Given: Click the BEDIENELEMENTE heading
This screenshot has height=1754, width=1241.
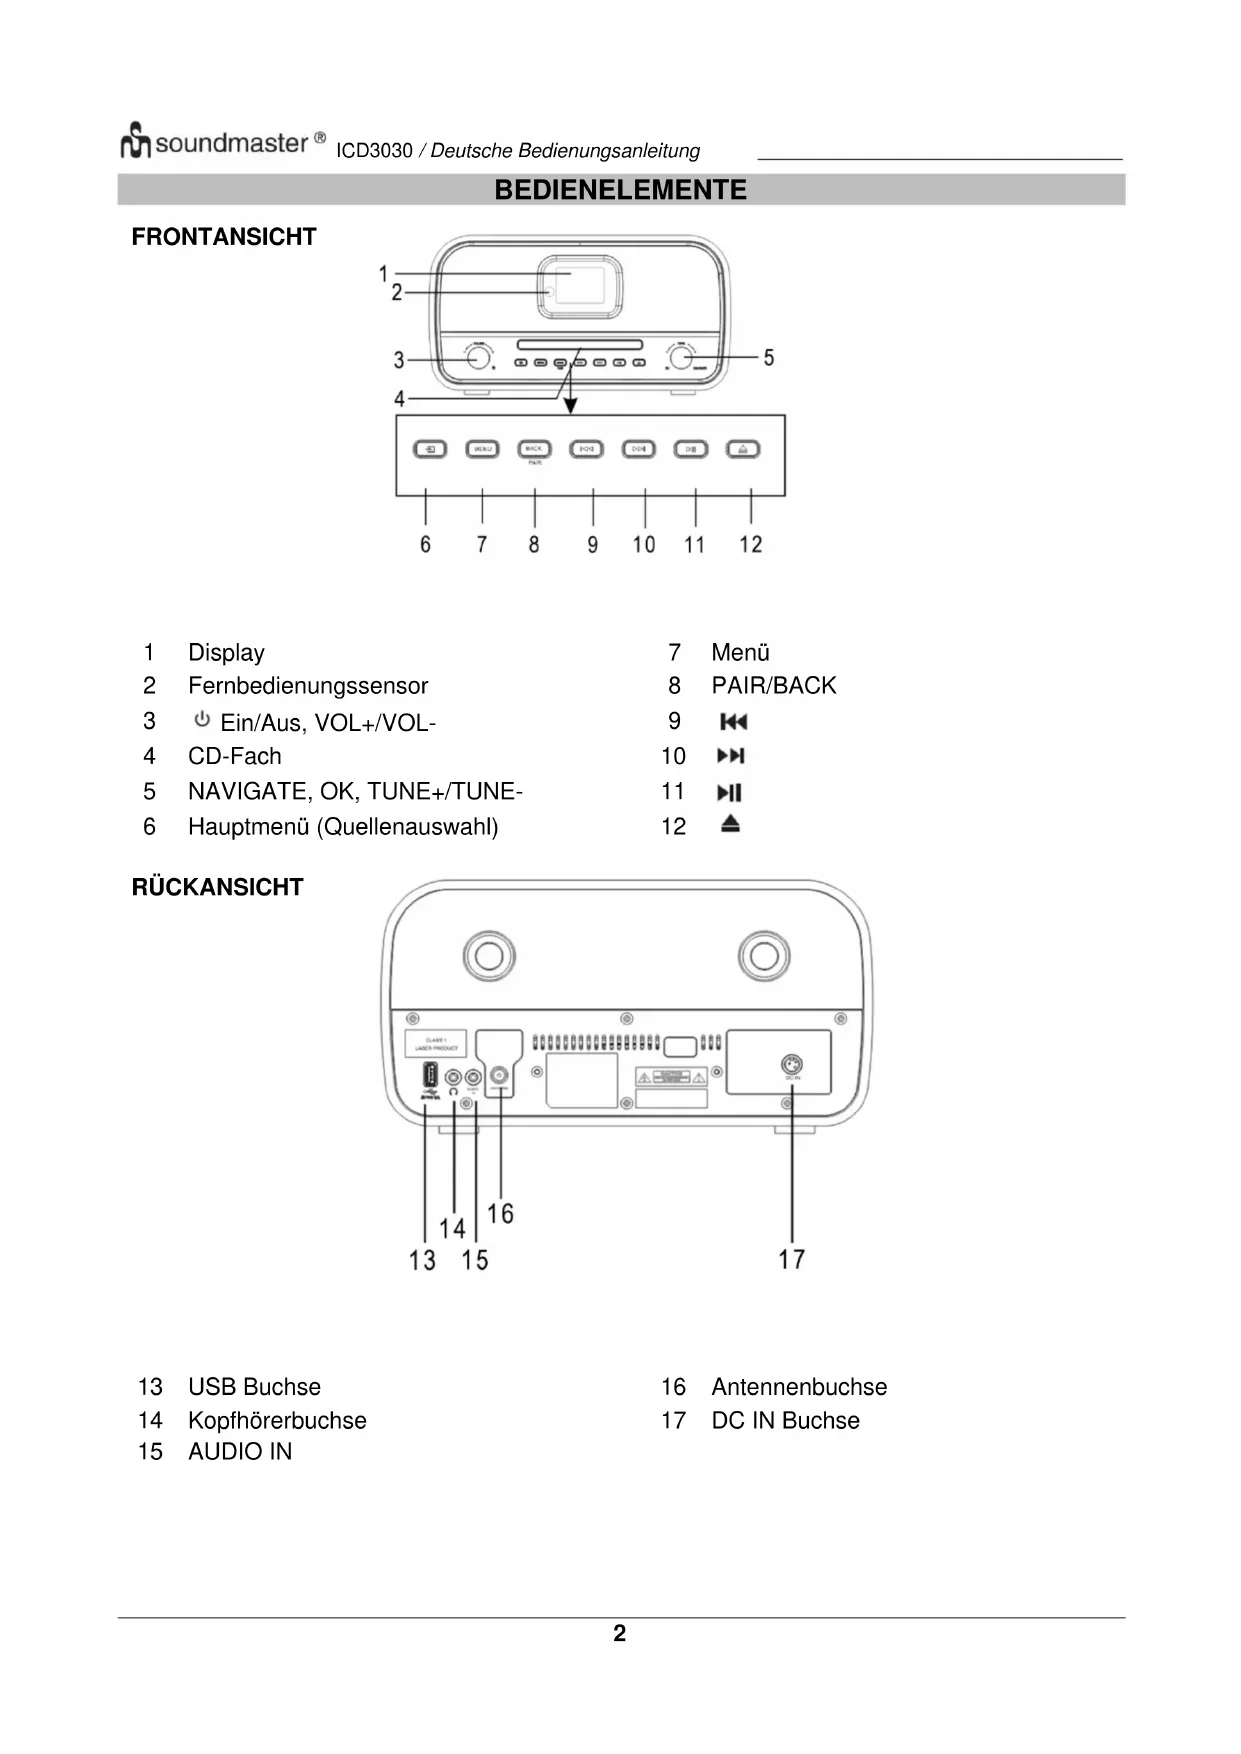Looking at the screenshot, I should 620,190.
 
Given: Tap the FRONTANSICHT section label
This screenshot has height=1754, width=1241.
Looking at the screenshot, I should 224,237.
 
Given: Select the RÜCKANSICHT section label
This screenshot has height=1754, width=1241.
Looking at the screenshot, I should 217,887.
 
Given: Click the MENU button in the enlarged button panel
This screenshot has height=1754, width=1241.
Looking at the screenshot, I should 482,449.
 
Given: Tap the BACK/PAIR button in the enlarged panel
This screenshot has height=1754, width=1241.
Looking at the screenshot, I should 534,449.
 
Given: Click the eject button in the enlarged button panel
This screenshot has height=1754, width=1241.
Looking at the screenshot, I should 743,449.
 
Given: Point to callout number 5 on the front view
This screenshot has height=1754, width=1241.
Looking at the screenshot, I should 768,357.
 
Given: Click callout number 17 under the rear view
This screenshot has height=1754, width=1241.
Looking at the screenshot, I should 791,1259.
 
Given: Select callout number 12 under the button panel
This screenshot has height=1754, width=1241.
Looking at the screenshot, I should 751,544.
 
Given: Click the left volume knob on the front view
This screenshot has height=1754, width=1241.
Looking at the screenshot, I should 479,357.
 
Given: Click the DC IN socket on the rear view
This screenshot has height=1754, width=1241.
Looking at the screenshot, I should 791,1065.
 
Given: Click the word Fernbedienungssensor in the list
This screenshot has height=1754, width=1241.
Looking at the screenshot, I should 308,686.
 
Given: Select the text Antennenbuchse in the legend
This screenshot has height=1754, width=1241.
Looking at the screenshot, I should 799,1387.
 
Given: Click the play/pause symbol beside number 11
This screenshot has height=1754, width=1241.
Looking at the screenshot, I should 730,793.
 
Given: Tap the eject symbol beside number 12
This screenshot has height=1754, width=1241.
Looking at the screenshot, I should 731,825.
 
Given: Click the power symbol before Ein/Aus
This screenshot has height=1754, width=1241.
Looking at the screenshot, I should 202,720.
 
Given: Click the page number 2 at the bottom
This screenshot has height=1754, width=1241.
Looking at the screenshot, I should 620,1633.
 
